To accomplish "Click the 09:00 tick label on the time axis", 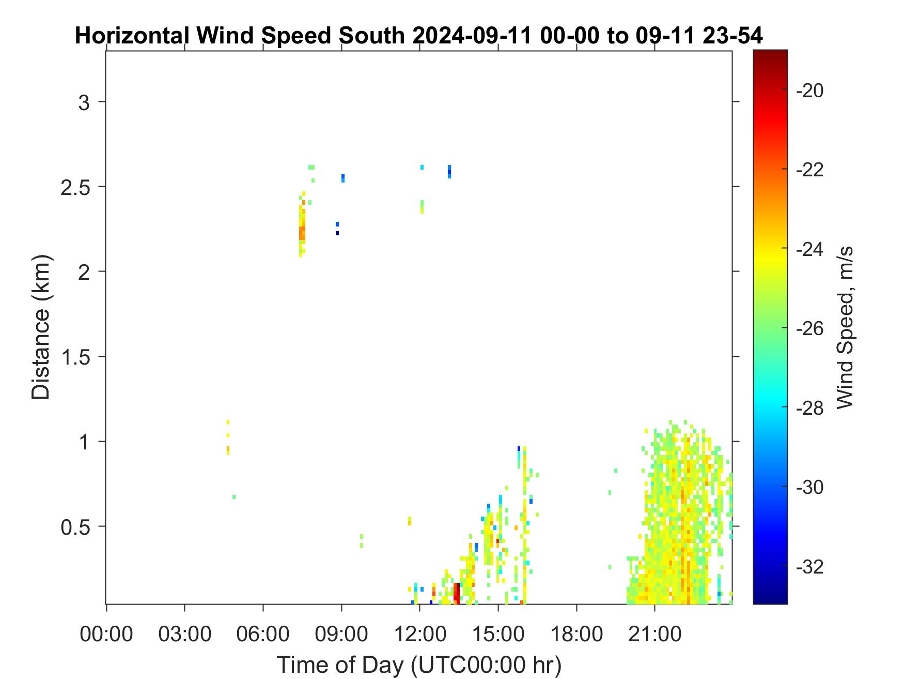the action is (341, 634).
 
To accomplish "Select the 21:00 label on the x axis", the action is (655, 634).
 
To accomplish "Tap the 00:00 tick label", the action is (106, 634).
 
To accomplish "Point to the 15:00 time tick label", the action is (498, 634).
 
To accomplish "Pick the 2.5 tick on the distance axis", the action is (75, 187).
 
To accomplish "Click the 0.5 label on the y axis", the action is (75, 527).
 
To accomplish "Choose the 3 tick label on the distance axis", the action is (84, 102).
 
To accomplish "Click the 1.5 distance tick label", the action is (75, 357).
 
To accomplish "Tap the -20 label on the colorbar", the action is (811, 90).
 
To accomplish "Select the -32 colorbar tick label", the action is (811, 567).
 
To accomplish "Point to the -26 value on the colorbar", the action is (811, 328).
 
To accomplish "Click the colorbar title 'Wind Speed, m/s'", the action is (844, 327).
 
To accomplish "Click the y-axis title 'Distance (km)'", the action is (41, 327).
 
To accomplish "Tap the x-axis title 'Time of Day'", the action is (340, 665).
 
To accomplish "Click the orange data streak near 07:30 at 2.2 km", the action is (302, 233).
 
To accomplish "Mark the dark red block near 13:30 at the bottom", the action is (457, 593).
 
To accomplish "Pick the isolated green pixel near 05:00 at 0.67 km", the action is (234, 497).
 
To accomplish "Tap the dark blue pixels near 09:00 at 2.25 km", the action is (337, 229).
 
